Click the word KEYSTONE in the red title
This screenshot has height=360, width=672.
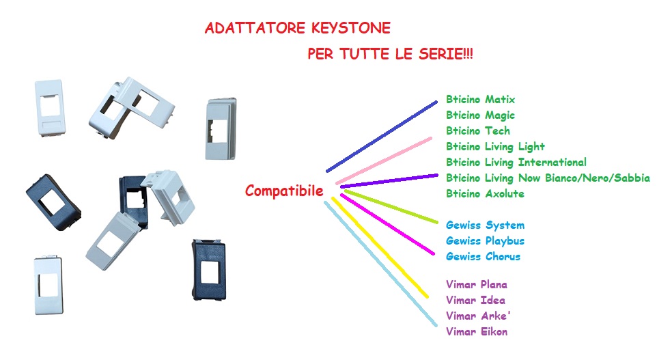(350, 28)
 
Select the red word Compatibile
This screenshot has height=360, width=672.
(284, 191)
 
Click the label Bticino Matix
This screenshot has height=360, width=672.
(480, 100)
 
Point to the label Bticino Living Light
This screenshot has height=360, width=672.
(495, 147)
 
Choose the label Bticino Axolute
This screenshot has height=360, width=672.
(485, 194)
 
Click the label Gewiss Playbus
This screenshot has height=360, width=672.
(485, 241)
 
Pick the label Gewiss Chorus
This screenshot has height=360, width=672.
(483, 257)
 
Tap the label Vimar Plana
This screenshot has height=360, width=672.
(477, 285)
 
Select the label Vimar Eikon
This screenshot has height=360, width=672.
(477, 332)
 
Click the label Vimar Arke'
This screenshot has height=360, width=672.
(478, 316)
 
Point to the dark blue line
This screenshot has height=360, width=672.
(382, 137)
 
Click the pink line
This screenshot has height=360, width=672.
(384, 161)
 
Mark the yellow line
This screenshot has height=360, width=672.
(380, 247)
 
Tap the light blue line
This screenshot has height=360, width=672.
(380, 264)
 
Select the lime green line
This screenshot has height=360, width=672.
(391, 207)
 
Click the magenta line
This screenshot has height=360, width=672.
(387, 224)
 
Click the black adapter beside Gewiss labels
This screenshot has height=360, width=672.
(209, 270)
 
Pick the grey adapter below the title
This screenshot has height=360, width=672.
(221, 129)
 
